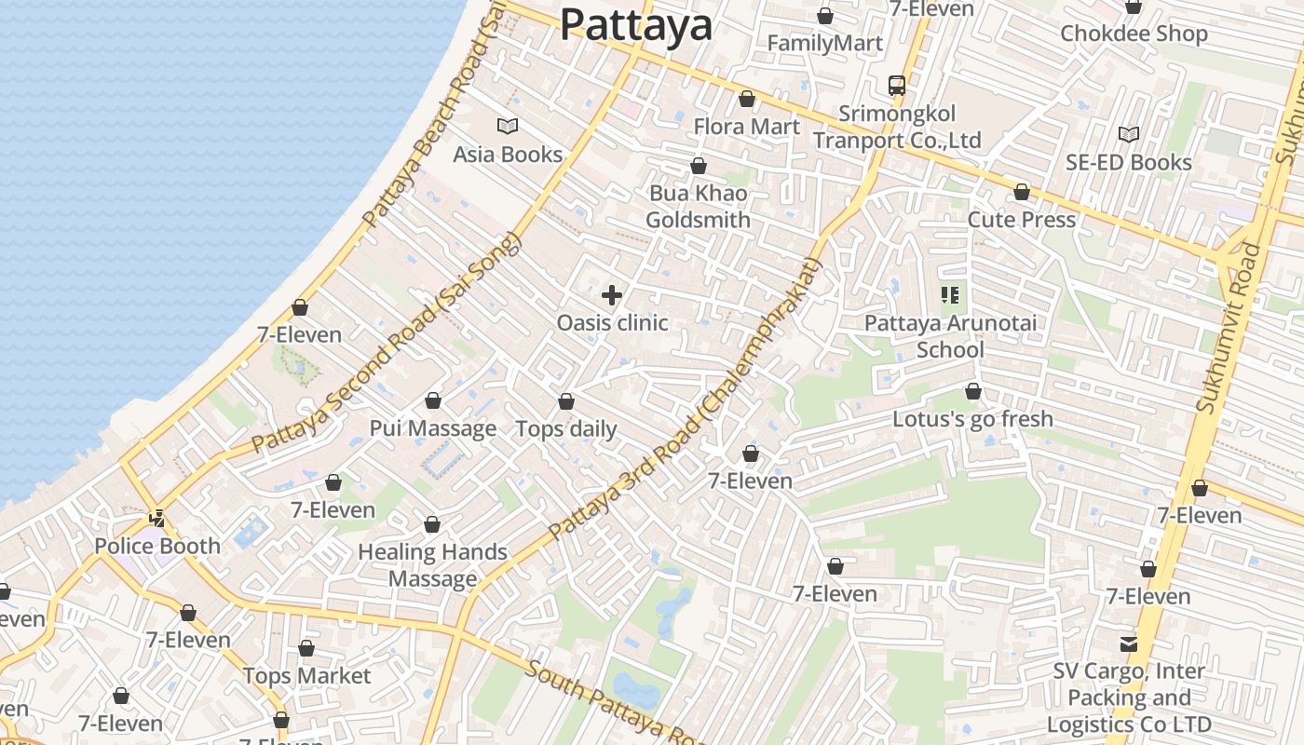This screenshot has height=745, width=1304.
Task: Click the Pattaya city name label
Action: (636, 25)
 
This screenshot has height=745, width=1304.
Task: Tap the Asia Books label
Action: (508, 154)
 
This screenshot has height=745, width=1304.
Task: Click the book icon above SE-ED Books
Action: (1129, 135)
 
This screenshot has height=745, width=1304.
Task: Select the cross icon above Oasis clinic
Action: (612, 296)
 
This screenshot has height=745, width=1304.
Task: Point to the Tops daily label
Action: (566, 428)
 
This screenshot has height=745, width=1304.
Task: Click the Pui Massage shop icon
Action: (433, 401)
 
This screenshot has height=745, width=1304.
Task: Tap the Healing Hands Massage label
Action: (432, 565)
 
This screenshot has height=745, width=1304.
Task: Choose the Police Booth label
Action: (157, 546)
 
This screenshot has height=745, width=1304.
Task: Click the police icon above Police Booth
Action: (157, 519)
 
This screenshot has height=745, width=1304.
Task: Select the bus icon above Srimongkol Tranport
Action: (897, 86)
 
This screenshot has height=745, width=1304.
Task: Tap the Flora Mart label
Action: (747, 126)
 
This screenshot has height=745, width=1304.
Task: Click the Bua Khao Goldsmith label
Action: (698, 207)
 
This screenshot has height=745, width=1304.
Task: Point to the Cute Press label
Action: (1022, 220)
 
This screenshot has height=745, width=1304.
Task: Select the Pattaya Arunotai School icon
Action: (950, 296)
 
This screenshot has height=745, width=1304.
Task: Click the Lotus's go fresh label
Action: (972, 419)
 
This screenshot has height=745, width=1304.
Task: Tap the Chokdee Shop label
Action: (1134, 34)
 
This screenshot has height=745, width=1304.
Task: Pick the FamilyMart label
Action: (824, 43)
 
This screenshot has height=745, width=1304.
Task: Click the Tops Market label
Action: (306, 675)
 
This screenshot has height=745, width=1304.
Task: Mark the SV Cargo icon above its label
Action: (1129, 643)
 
